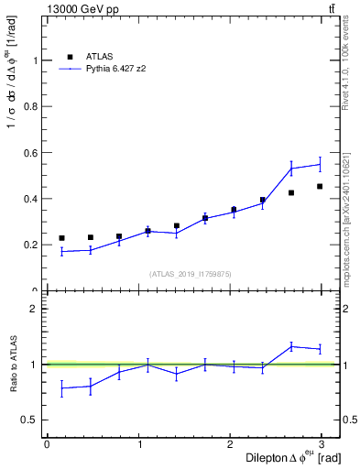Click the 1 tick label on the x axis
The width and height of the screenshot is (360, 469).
point(139,443)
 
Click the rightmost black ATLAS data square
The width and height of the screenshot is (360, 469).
point(320,186)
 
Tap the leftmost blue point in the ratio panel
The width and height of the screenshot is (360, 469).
point(61,388)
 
